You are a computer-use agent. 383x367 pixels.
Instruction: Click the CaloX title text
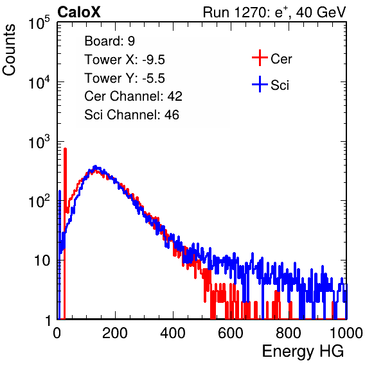79,12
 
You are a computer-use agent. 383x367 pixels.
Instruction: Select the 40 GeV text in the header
321,12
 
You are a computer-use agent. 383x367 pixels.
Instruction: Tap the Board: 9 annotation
110,40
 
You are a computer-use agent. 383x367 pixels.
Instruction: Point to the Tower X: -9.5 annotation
125,60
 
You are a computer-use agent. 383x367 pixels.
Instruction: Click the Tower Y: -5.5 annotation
125,78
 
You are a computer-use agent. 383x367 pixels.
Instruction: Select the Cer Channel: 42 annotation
134,96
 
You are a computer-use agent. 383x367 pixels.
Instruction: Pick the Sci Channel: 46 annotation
132,115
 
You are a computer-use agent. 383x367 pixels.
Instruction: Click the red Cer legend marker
260,58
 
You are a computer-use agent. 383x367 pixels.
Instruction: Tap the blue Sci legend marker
260,85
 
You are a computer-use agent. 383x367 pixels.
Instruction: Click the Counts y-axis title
9,50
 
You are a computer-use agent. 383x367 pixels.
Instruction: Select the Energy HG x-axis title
303,352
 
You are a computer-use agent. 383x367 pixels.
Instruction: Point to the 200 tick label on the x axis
115,333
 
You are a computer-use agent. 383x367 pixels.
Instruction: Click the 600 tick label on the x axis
231,333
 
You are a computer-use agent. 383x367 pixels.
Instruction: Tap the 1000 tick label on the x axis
346,333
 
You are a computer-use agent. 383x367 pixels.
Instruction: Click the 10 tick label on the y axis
42,260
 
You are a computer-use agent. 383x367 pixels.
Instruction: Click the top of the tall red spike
65,148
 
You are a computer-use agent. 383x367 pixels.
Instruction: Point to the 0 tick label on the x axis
57,333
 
